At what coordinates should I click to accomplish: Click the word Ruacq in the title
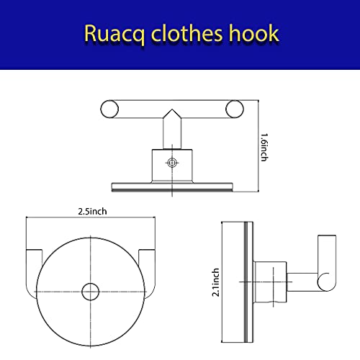tap(114, 34)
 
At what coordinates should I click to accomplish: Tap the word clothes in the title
tap(186, 33)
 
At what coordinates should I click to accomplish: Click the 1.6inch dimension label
tap(264, 148)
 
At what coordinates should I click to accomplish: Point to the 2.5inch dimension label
tap(92, 212)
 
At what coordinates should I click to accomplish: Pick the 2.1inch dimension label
tap(216, 282)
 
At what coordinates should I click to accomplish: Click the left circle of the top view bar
tap(109, 109)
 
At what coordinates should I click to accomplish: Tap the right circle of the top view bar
tap(235, 109)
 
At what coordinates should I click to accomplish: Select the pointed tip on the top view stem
tap(172, 109)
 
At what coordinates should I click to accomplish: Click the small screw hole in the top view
tap(172, 163)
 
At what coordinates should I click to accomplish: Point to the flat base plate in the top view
tap(172, 187)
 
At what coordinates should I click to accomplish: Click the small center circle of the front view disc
tap(90, 292)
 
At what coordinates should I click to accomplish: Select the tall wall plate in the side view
tap(237, 282)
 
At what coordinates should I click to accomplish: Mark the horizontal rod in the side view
tap(303, 282)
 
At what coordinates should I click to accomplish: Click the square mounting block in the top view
tap(172, 165)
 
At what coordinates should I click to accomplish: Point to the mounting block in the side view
tap(271, 282)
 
